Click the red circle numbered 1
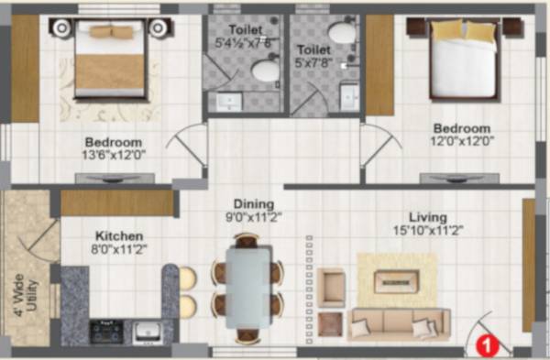488,345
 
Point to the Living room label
428,217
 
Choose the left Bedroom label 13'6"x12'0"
113,149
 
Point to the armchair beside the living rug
332,288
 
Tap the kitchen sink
148,331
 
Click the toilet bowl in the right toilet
343,35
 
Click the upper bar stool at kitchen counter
186,277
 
